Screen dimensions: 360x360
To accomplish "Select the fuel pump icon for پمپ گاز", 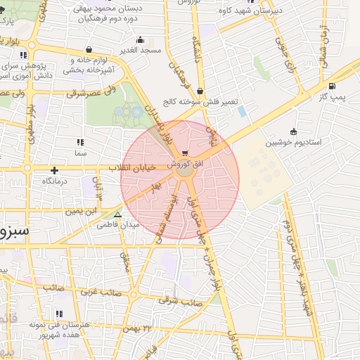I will [x=331, y=87].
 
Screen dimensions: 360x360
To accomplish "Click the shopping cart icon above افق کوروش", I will [x=184, y=154].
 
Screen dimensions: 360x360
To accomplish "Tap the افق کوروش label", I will [x=185, y=164].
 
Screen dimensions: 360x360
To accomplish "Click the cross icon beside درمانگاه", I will [x=54, y=170].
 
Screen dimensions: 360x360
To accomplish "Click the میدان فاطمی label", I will [x=117, y=225].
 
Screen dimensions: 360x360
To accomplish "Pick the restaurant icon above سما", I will [x=79, y=142].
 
